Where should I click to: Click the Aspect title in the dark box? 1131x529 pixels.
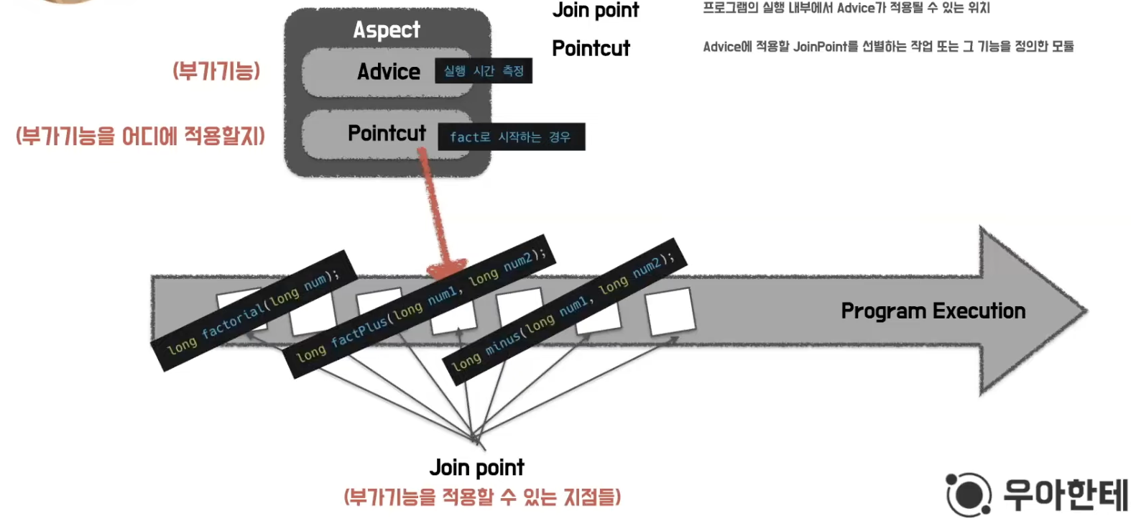click(x=387, y=30)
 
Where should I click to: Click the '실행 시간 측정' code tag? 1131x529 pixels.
click(x=484, y=71)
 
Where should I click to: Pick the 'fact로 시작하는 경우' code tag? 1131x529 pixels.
click(x=511, y=137)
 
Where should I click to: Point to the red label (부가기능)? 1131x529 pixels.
click(x=216, y=71)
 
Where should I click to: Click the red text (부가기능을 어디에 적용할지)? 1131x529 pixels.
click(x=141, y=136)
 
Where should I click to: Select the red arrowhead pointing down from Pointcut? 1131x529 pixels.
click(x=446, y=269)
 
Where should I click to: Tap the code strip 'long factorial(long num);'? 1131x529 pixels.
click(x=254, y=310)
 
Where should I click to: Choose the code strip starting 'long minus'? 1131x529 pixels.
click(x=564, y=306)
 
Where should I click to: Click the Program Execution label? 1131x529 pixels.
click(x=933, y=311)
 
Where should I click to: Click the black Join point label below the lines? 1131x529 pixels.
click(x=476, y=468)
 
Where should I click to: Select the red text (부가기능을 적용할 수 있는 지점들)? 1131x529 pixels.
click(x=482, y=497)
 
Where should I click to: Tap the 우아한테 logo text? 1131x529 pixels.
click(x=1066, y=494)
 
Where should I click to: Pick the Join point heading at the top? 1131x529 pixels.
click(x=595, y=10)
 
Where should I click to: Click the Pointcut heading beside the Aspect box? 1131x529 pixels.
click(x=591, y=48)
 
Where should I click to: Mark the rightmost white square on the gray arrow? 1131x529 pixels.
click(x=670, y=312)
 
